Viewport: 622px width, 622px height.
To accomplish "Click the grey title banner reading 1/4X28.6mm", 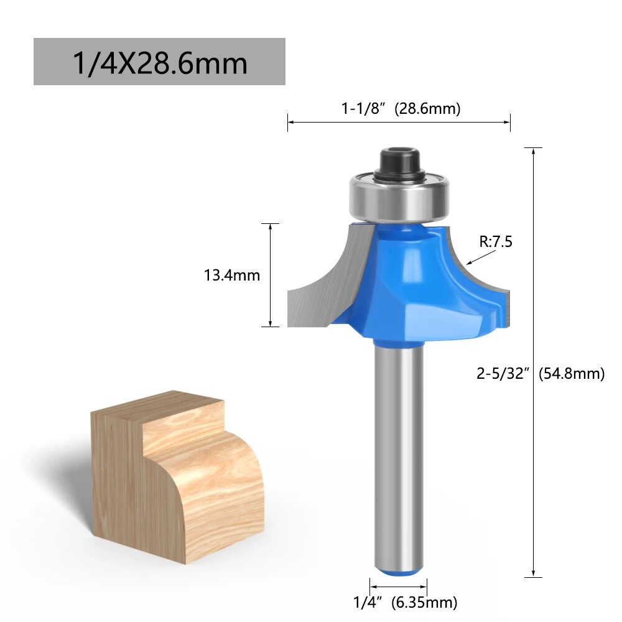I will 159,62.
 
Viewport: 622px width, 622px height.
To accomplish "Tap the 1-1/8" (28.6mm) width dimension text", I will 401,108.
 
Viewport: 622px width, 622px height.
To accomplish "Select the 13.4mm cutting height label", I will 232,274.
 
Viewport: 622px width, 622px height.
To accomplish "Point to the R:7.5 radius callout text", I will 495,241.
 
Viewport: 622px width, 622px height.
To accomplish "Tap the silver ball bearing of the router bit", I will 399,196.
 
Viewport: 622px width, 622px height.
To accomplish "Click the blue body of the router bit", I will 404,280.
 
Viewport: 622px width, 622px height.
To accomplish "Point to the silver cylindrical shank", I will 399,448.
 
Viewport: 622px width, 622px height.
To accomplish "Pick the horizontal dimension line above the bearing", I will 399,123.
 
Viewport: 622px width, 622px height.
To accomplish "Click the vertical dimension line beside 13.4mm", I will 270,274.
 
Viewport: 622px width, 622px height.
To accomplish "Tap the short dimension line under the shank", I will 399,586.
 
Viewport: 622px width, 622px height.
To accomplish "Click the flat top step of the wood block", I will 159,407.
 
